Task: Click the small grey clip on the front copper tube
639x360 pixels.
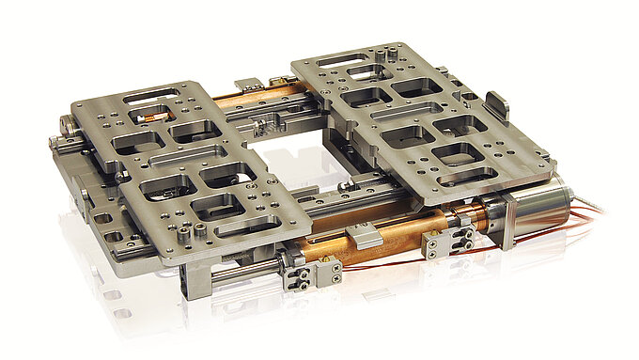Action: tap(364, 237)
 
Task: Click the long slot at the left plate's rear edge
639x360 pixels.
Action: tap(151, 95)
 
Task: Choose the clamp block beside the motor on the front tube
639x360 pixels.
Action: tap(438, 242)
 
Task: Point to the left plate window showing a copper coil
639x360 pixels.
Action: tap(154, 117)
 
